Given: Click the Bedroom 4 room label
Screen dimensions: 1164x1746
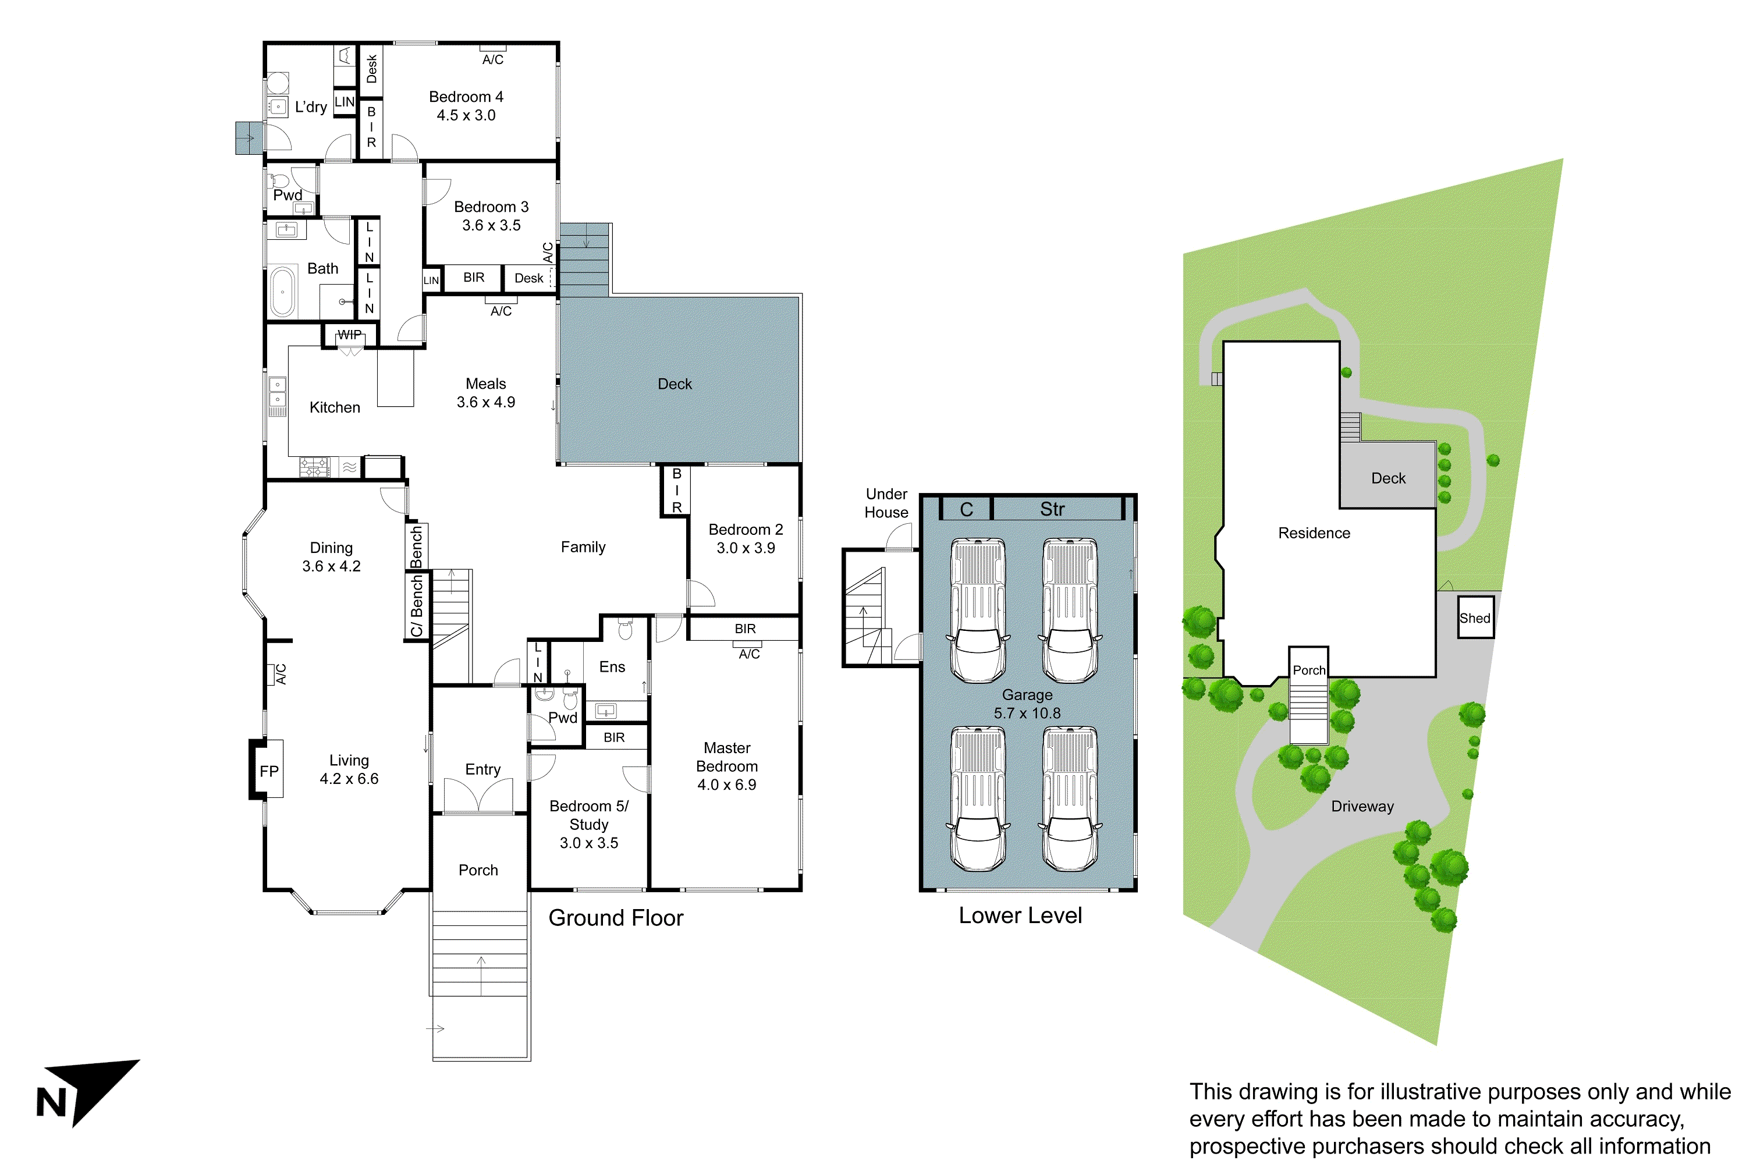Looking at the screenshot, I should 466,97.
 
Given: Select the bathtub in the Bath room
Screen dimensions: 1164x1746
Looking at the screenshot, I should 283,292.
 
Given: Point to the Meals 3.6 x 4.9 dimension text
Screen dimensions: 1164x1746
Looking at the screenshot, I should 485,402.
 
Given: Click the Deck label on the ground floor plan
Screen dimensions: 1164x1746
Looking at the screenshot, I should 674,384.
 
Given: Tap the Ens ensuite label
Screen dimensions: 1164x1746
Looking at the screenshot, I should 612,666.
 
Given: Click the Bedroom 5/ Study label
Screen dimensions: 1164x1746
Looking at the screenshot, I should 588,815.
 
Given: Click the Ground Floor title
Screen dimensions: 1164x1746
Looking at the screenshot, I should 615,918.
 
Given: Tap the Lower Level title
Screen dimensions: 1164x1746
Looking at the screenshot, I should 1020,915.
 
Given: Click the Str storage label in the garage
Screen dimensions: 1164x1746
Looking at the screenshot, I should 1052,509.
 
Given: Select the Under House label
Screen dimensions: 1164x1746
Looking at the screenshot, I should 886,503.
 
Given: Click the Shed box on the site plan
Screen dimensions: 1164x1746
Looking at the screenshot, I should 1474,618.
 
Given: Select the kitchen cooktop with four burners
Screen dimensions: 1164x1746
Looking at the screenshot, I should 314,467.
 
